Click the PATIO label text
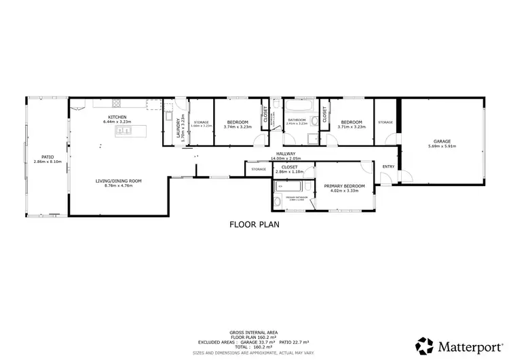(x=48, y=156)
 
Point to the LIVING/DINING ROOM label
(x=117, y=181)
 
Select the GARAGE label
(x=441, y=141)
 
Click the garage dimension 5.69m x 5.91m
(x=441, y=146)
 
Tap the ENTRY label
(x=388, y=166)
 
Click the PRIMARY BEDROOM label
(x=344, y=185)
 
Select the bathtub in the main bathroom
(x=296, y=107)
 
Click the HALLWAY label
(x=285, y=154)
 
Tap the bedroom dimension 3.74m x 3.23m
(x=238, y=126)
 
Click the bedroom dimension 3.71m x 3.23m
(x=351, y=126)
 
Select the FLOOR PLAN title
(x=254, y=223)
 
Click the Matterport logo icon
(x=425, y=344)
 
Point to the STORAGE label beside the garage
(x=385, y=122)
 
